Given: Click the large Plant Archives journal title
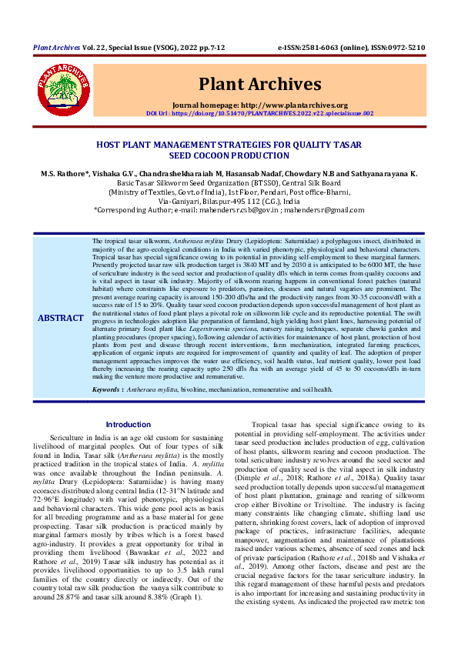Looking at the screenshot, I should click(x=259, y=83).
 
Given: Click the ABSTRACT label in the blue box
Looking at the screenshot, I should click(x=61, y=318).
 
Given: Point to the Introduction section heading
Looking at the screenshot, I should click(x=129, y=425).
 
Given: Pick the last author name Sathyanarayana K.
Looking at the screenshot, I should click(x=378, y=175).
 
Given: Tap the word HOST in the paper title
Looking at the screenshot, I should click(x=109, y=144).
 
